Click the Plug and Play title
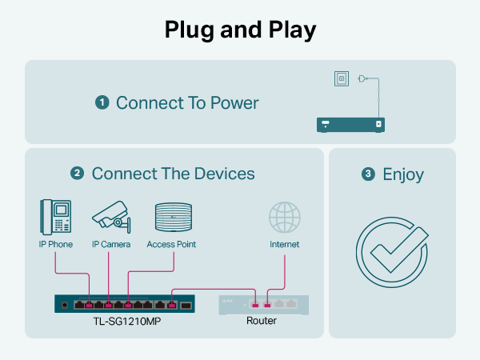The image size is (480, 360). coord(240,30)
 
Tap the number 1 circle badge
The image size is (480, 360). coord(102,102)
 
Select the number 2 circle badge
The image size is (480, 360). coord(77,173)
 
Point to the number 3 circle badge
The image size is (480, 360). coord(368,174)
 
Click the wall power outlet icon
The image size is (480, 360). coord(342,78)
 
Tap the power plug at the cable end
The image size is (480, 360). coord(362,79)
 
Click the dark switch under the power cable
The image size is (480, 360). coord(351,125)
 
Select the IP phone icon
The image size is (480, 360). coord(56,217)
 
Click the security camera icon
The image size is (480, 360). coord(111,217)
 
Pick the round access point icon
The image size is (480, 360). coord(174,217)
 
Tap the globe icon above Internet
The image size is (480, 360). coord(285,217)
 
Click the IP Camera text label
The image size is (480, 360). coord(111,244)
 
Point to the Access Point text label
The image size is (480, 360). coord(171,244)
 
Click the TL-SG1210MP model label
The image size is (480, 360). coord(127,321)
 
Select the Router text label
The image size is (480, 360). coord(262,321)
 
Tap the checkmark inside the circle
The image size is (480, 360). coord(399,249)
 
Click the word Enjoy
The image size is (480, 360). coord(403,174)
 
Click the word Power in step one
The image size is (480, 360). coord(234,103)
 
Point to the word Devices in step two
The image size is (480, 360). coord(224,174)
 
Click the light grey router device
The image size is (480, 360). coord(263,305)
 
